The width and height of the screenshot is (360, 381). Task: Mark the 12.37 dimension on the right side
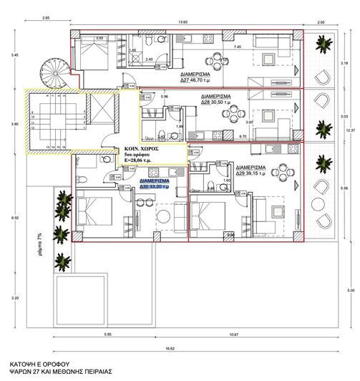point(349,130)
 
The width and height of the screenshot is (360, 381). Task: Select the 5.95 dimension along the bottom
point(107,334)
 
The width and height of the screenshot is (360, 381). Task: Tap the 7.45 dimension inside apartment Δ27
point(238,47)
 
